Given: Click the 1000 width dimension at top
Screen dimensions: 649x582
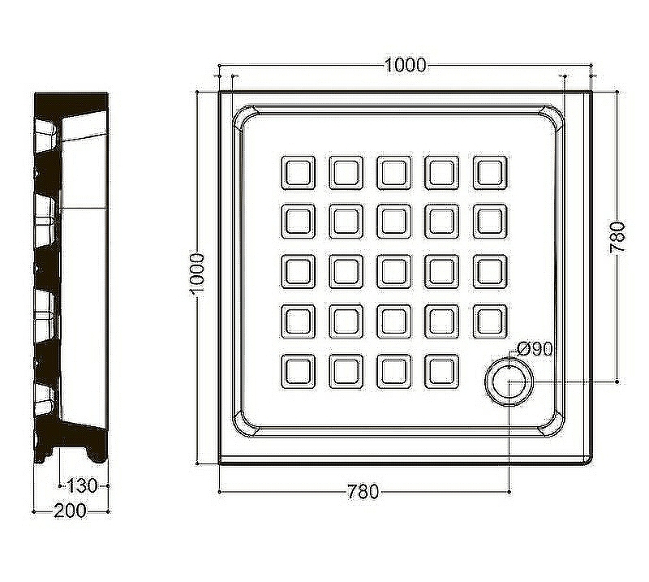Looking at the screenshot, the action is point(405,65).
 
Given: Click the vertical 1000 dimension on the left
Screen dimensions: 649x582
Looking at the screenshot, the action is point(196,274).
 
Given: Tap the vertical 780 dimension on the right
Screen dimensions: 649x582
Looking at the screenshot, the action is point(617,237).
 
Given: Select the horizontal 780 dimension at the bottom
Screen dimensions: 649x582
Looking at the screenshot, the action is point(363,492).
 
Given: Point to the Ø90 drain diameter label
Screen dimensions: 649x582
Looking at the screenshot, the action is point(535,349).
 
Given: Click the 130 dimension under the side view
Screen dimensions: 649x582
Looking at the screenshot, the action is point(82,485).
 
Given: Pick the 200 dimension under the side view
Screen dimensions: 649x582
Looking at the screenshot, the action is point(70,511).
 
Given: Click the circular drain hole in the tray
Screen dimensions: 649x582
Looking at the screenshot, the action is point(509,382).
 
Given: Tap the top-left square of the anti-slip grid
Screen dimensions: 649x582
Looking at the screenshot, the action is point(298,173).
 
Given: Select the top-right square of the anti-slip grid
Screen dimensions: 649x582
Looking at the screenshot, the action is point(490,173).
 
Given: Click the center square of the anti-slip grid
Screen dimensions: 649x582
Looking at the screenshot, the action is point(394,272).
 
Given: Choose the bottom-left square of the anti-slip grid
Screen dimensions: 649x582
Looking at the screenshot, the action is point(298,372).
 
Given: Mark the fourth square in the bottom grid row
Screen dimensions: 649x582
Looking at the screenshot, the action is point(442,372).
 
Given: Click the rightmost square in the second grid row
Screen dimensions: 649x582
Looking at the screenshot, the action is point(490,222).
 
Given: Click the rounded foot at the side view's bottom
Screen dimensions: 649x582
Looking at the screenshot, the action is point(97,455).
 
